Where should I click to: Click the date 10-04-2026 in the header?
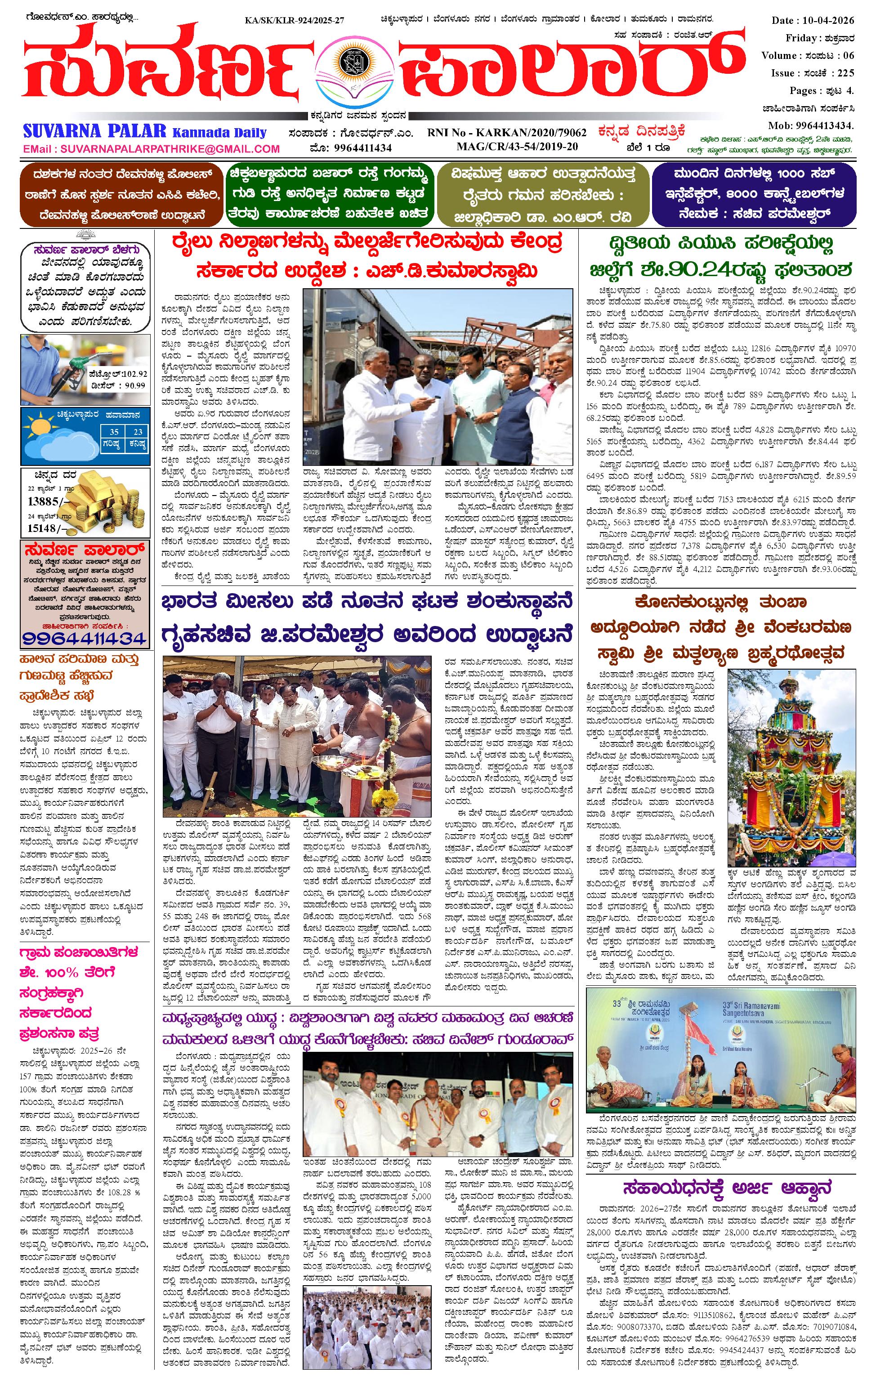click(x=832, y=21)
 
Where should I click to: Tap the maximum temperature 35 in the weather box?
click(x=114, y=432)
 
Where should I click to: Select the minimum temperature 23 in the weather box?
click(x=138, y=432)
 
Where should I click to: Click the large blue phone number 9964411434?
click(x=85, y=638)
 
